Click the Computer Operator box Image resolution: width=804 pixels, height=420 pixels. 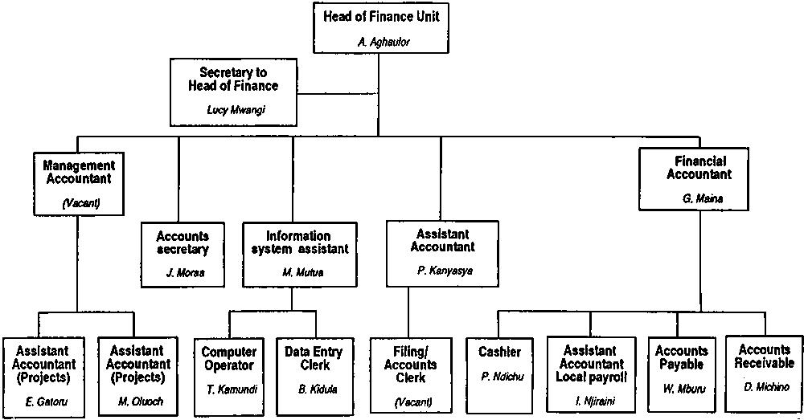coord(230,375)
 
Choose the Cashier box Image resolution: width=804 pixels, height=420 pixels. coord(498,375)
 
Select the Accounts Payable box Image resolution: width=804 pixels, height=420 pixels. coord(682,373)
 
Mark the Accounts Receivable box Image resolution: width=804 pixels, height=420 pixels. coord(764,372)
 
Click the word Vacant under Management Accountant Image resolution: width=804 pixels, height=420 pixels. coord(78,204)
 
